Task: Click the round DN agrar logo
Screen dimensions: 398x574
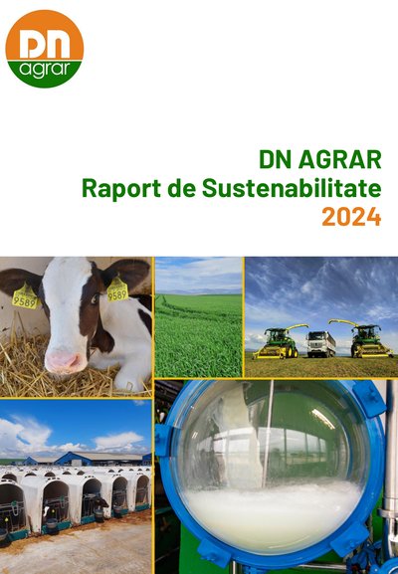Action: [x=45, y=49]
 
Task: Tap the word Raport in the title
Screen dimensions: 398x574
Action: [x=120, y=189]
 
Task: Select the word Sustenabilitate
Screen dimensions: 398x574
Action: [x=292, y=188]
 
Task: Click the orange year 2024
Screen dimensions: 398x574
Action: [x=351, y=217]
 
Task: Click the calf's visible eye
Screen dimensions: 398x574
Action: [x=95, y=299]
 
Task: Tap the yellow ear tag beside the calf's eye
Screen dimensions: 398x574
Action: [x=117, y=289]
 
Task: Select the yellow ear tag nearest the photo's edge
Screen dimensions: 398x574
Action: [x=25, y=296]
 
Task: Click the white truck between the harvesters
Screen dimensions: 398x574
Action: [x=320, y=344]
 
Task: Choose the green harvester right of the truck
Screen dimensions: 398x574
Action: [x=366, y=339]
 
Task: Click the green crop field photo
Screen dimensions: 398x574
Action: [x=198, y=317]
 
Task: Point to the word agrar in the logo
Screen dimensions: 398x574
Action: [x=45, y=70]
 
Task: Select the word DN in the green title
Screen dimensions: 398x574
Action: [x=276, y=159]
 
